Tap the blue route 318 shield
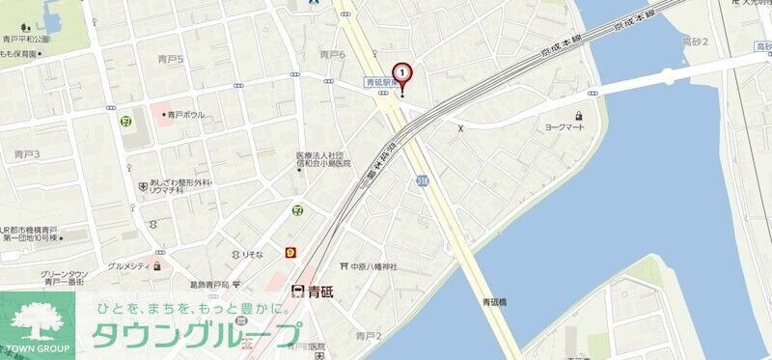point(423,180)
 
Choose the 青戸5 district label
point(170,60)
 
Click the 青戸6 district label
point(332,55)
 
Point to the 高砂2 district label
point(695,42)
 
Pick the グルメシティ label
point(128,265)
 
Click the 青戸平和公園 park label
point(25,40)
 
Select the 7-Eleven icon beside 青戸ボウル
point(126,121)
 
